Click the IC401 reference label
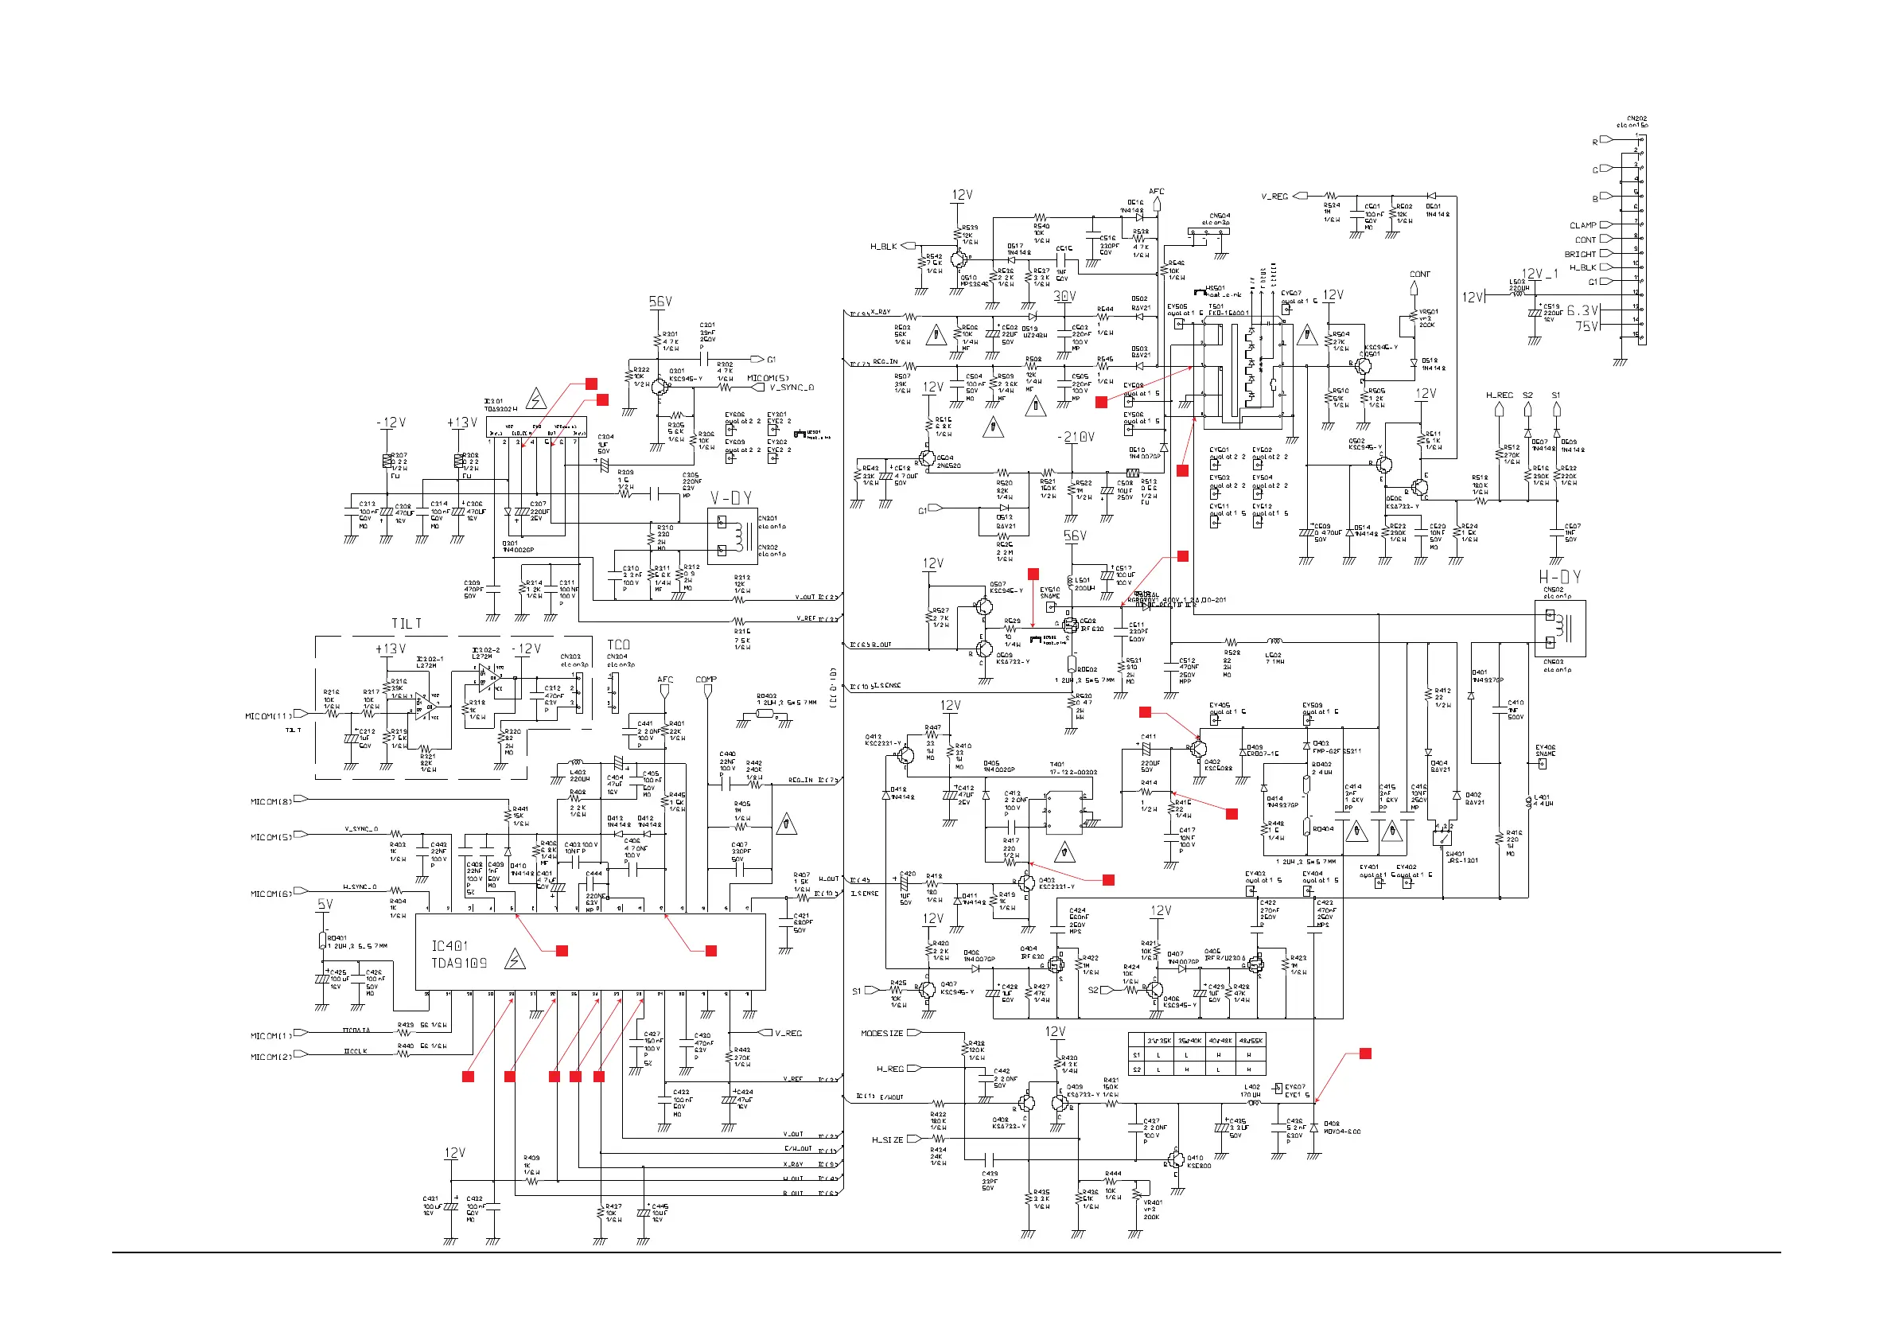pos(449,946)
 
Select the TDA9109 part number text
pos(459,964)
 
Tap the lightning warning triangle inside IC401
pos(515,960)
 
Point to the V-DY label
pos(730,498)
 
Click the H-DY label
pos(1559,577)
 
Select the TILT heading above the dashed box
pos(406,623)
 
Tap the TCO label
pos(618,645)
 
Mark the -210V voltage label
pos(1076,437)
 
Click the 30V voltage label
pos(1064,296)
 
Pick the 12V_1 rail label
pos(1540,274)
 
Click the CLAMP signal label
pos(1582,225)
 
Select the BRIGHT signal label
pos(1580,255)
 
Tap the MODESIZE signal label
pos(881,1034)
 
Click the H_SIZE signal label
pos(887,1140)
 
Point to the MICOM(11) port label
pos(268,717)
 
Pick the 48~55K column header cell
pos(1251,1041)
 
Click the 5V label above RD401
pos(325,905)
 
